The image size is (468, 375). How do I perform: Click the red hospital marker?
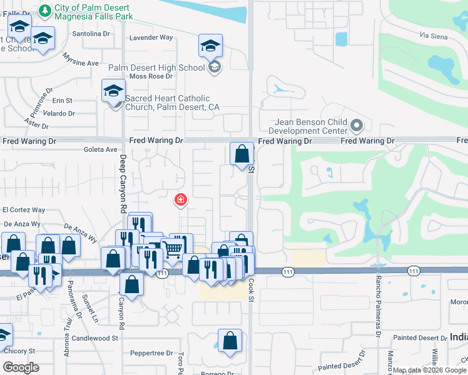click(180, 200)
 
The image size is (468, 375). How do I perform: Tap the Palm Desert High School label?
click(156, 67)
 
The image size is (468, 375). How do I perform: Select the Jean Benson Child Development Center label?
click(308, 126)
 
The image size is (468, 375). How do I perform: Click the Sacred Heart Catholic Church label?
click(172, 102)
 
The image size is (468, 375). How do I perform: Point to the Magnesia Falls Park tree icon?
click(44, 10)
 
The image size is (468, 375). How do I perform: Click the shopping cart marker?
click(172, 249)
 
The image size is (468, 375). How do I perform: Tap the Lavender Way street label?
click(150, 37)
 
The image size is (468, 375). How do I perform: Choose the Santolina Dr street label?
click(91, 34)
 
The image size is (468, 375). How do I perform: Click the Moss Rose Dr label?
click(150, 76)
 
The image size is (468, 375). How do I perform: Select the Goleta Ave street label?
click(101, 149)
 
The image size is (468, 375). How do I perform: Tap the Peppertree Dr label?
click(152, 353)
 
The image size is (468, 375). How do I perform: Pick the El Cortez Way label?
click(24, 210)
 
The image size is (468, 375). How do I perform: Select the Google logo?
click(21, 367)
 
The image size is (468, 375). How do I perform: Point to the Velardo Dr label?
click(59, 114)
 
